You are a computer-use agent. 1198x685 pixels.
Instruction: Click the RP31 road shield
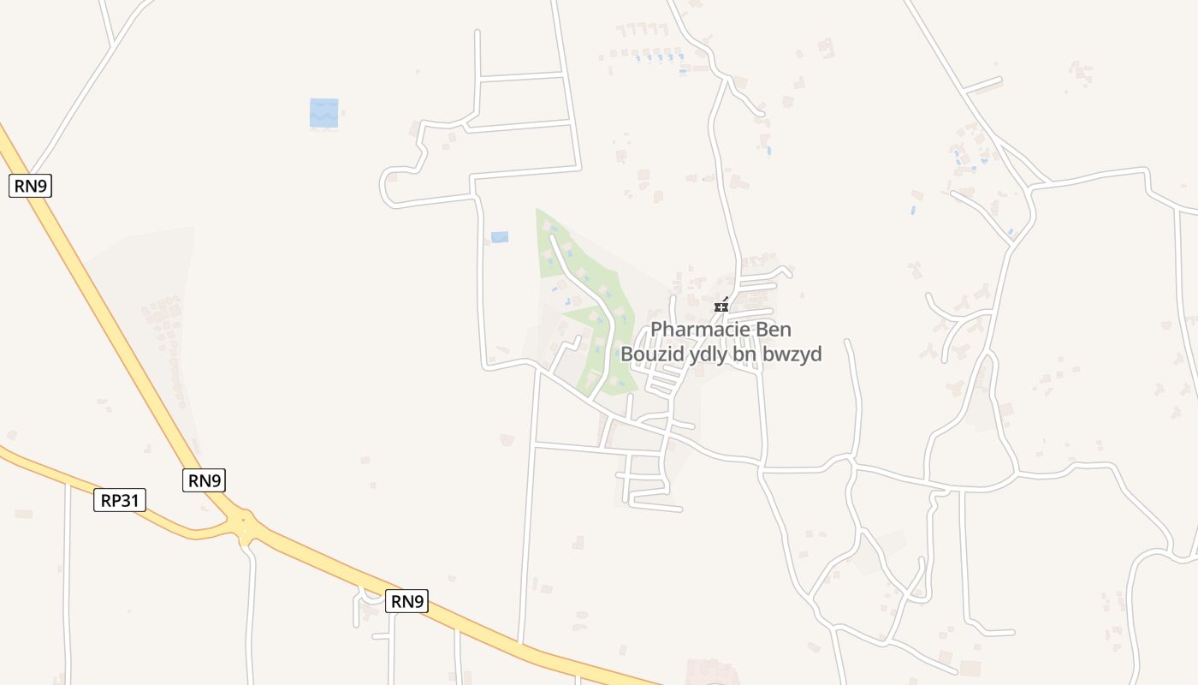(120, 500)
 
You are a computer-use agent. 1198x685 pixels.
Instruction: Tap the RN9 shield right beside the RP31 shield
(205, 480)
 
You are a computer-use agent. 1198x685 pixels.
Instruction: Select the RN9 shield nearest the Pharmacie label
(407, 601)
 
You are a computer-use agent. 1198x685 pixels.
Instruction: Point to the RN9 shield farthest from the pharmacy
(30, 186)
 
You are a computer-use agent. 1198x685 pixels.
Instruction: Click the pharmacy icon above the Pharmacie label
(721, 306)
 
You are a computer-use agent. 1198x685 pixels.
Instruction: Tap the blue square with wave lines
(324, 113)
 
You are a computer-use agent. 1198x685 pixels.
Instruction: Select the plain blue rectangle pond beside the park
(500, 237)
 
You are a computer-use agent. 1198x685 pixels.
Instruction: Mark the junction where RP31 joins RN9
(245, 524)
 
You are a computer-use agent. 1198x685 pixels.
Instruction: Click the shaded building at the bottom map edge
(711, 673)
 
